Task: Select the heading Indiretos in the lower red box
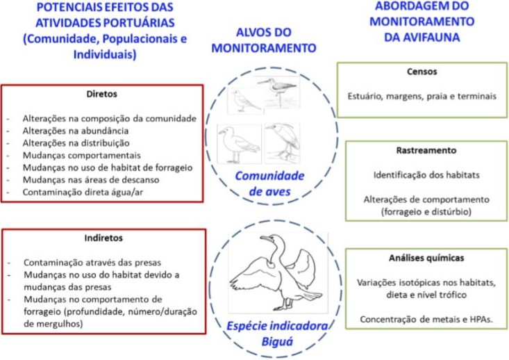[x=102, y=238]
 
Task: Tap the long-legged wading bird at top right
[x=276, y=91]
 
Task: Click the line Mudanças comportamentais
[x=81, y=155]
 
